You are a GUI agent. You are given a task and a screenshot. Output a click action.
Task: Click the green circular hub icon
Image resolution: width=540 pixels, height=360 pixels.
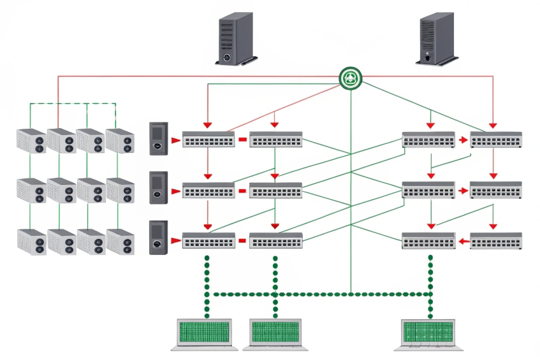(x=350, y=78)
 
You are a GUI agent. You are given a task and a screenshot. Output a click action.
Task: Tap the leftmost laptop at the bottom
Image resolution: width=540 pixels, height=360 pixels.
(x=205, y=333)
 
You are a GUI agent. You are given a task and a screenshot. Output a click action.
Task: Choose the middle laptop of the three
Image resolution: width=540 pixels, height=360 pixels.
(x=276, y=333)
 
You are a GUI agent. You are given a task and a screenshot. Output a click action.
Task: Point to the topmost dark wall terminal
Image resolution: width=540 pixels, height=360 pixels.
(x=158, y=138)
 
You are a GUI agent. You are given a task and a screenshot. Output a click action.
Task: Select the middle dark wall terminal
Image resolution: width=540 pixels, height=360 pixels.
(x=158, y=187)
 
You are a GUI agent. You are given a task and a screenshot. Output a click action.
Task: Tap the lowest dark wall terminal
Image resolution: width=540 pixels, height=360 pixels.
(x=158, y=237)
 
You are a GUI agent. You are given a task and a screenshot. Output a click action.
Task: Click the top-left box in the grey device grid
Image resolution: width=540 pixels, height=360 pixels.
(x=32, y=141)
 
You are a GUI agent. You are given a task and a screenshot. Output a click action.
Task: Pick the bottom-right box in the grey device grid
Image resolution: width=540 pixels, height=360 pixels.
(x=120, y=241)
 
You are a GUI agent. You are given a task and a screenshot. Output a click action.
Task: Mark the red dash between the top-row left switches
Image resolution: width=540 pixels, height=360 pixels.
(x=242, y=140)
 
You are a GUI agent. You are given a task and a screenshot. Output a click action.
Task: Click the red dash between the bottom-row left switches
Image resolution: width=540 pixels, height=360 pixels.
(x=242, y=241)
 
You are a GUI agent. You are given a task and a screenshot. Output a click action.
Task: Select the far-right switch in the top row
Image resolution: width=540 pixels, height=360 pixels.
(x=496, y=140)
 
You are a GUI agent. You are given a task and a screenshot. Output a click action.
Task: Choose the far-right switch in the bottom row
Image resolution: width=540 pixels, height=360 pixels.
(x=496, y=240)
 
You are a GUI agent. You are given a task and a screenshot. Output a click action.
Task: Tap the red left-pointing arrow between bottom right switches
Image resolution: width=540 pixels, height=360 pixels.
(x=463, y=241)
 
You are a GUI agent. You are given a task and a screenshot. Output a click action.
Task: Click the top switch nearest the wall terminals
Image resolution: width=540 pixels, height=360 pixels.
(x=208, y=140)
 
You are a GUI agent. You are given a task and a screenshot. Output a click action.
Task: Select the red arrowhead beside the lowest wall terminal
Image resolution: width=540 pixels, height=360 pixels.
(x=176, y=241)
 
